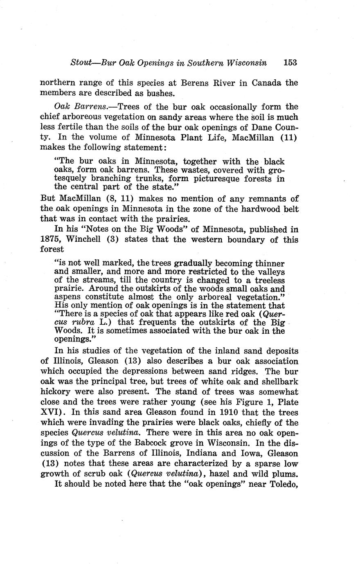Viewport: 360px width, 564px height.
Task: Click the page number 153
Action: (289, 63)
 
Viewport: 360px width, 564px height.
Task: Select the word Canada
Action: (266, 83)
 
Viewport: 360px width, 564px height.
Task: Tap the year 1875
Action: (52, 239)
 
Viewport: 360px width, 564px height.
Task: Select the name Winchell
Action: (84, 239)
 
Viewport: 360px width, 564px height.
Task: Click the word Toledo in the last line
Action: (282, 485)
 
